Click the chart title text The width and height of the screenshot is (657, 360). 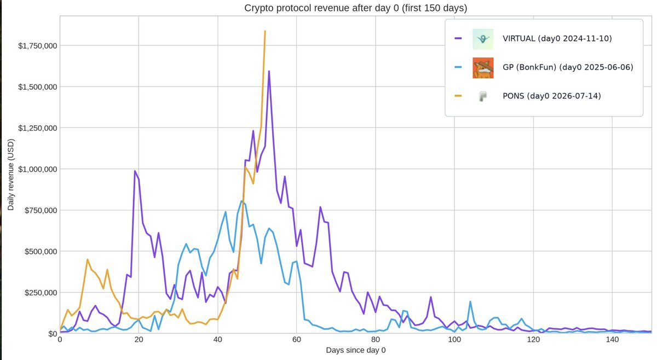click(355, 8)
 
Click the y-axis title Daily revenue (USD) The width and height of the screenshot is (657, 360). click(11, 175)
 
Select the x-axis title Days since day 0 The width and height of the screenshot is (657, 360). click(356, 350)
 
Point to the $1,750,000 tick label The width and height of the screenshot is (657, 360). click(38, 46)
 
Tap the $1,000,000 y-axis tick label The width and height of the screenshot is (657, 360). click(38, 169)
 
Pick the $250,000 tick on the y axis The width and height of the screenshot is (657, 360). click(41, 293)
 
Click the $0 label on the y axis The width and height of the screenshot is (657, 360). click(53, 334)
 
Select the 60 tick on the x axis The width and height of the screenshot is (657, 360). click(297, 340)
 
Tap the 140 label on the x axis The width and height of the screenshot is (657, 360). click(612, 340)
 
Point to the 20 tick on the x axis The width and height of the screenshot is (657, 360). click(139, 340)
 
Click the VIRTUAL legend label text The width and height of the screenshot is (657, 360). click(557, 38)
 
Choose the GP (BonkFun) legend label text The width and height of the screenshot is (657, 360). click(568, 67)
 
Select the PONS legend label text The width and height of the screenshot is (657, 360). click(552, 96)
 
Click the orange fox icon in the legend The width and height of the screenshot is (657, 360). click(483, 68)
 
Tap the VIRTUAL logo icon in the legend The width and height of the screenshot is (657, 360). click(483, 39)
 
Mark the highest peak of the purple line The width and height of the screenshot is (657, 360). click(269, 71)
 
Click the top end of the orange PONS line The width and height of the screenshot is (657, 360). click(265, 31)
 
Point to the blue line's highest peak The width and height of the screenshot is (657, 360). click(241, 201)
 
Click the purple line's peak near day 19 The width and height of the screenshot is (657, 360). click(135, 171)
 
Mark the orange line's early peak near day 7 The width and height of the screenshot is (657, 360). click(88, 259)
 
